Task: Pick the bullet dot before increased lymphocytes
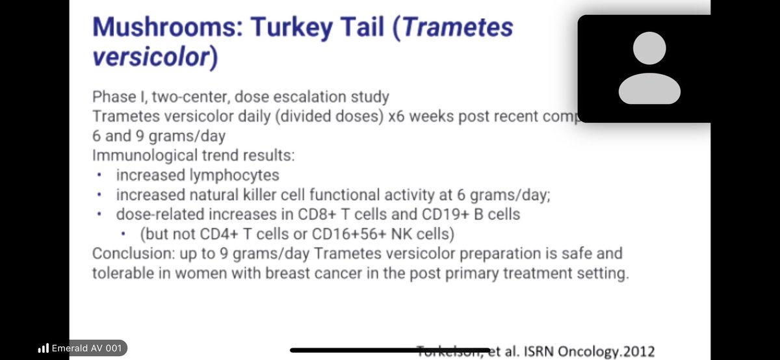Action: (98, 176)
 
